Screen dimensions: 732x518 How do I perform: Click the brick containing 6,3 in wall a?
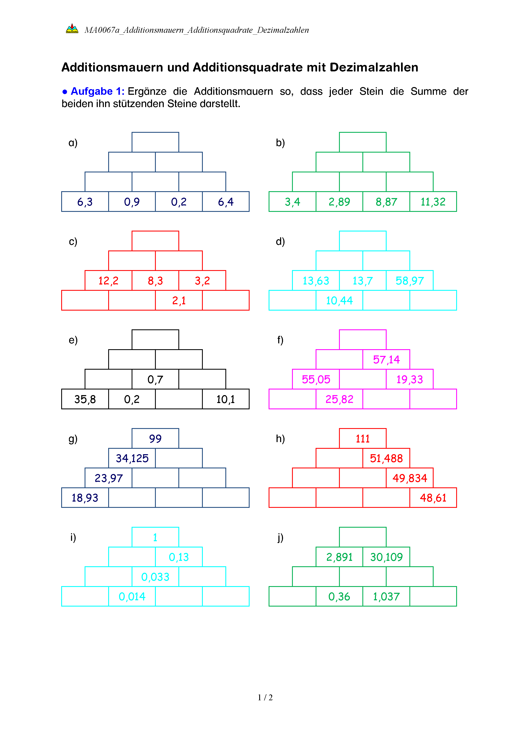(85, 201)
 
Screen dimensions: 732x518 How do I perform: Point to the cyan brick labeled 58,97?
(410, 281)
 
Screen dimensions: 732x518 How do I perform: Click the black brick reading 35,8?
(85, 399)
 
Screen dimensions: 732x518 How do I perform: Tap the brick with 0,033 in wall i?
(155, 577)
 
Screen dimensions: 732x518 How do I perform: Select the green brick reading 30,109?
(386, 557)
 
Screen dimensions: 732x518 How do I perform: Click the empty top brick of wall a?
(155, 142)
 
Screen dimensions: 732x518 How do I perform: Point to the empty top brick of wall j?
(363, 537)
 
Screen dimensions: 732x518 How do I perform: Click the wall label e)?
(73, 340)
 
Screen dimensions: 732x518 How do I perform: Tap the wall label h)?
(280, 439)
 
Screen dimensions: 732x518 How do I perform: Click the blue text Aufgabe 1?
(97, 91)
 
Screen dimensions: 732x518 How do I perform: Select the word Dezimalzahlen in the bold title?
(374, 68)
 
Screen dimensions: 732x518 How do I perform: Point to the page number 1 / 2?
(265, 698)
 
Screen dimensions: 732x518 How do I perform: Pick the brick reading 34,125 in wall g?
(132, 458)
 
